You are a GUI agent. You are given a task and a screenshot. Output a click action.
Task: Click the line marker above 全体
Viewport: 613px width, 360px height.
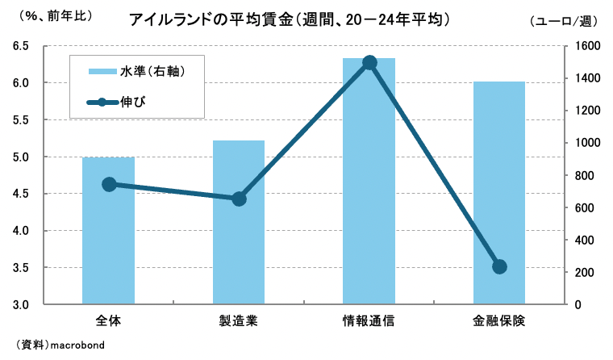108,184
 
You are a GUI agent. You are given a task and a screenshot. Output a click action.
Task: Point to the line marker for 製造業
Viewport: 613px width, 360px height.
239,199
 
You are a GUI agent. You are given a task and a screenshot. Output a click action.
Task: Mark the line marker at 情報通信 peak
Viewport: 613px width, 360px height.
369,63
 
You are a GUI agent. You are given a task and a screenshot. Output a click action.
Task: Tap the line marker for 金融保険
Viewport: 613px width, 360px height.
499,267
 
